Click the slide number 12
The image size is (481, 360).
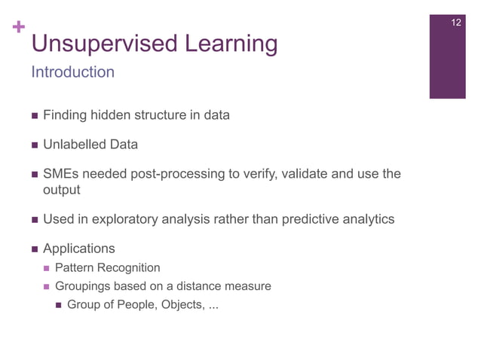click(455, 23)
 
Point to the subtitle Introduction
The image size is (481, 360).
click(72, 72)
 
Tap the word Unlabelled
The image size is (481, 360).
click(75, 145)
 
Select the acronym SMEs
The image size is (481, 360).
click(61, 175)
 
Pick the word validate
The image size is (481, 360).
click(304, 175)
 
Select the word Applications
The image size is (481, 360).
click(79, 248)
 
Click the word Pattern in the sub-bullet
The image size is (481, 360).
click(76, 267)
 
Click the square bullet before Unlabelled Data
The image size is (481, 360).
click(34, 145)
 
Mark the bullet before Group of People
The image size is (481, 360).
click(59, 305)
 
